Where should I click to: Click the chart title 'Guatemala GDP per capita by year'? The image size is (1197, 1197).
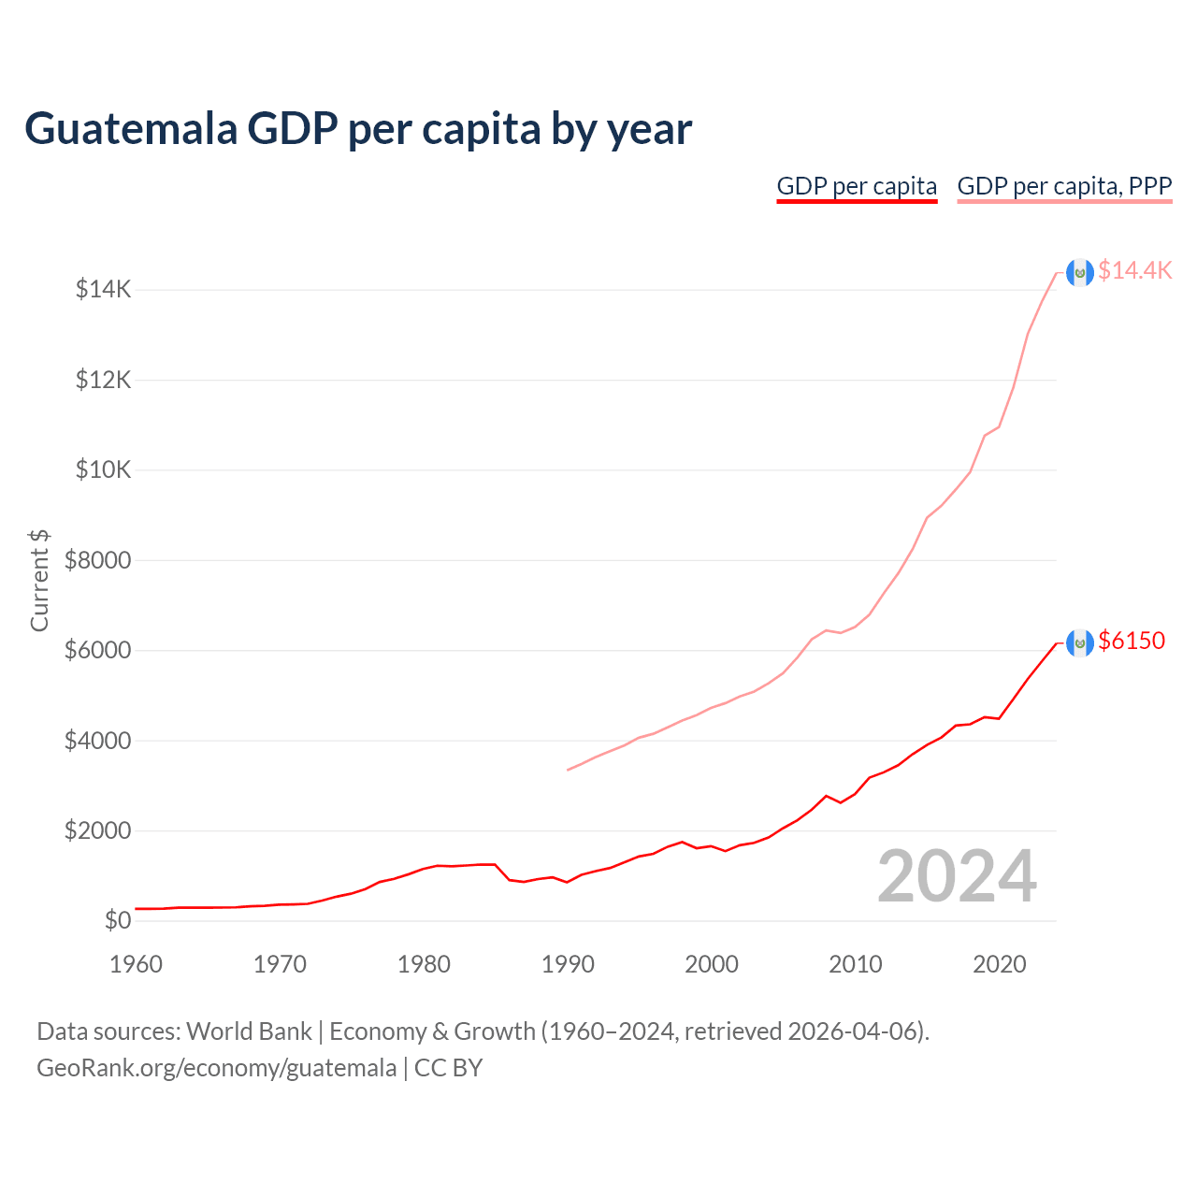pyautogui.click(x=357, y=129)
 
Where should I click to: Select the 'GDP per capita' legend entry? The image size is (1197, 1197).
pyautogui.click(x=857, y=186)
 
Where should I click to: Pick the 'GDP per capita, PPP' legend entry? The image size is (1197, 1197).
pyautogui.click(x=1064, y=186)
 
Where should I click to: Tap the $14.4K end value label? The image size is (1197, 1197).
pyautogui.click(x=1134, y=270)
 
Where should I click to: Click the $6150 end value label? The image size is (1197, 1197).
pyautogui.click(x=1132, y=641)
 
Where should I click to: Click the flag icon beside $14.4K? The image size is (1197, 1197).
pyautogui.click(x=1080, y=273)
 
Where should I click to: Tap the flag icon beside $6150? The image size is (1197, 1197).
pyautogui.click(x=1080, y=642)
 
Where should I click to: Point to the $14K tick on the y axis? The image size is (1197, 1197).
pyautogui.click(x=103, y=290)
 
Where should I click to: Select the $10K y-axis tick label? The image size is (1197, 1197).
pyautogui.click(x=103, y=469)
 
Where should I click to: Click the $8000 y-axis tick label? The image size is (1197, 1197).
pyautogui.click(x=97, y=560)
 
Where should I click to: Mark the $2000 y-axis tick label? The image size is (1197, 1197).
pyautogui.click(x=97, y=830)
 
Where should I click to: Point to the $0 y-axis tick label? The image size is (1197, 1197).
pyautogui.click(x=117, y=920)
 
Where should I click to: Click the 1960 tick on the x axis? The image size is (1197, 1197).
pyautogui.click(x=137, y=964)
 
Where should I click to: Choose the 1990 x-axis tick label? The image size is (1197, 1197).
pyautogui.click(x=568, y=964)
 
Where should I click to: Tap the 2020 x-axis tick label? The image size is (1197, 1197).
pyautogui.click(x=1000, y=964)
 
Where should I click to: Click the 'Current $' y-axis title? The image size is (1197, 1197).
pyautogui.click(x=39, y=580)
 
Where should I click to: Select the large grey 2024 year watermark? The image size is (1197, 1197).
pyautogui.click(x=957, y=876)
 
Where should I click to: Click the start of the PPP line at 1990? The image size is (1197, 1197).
pyautogui.click(x=569, y=770)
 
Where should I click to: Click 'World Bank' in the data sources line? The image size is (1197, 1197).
pyautogui.click(x=249, y=1031)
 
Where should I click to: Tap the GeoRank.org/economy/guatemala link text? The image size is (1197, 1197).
pyautogui.click(x=216, y=1068)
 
